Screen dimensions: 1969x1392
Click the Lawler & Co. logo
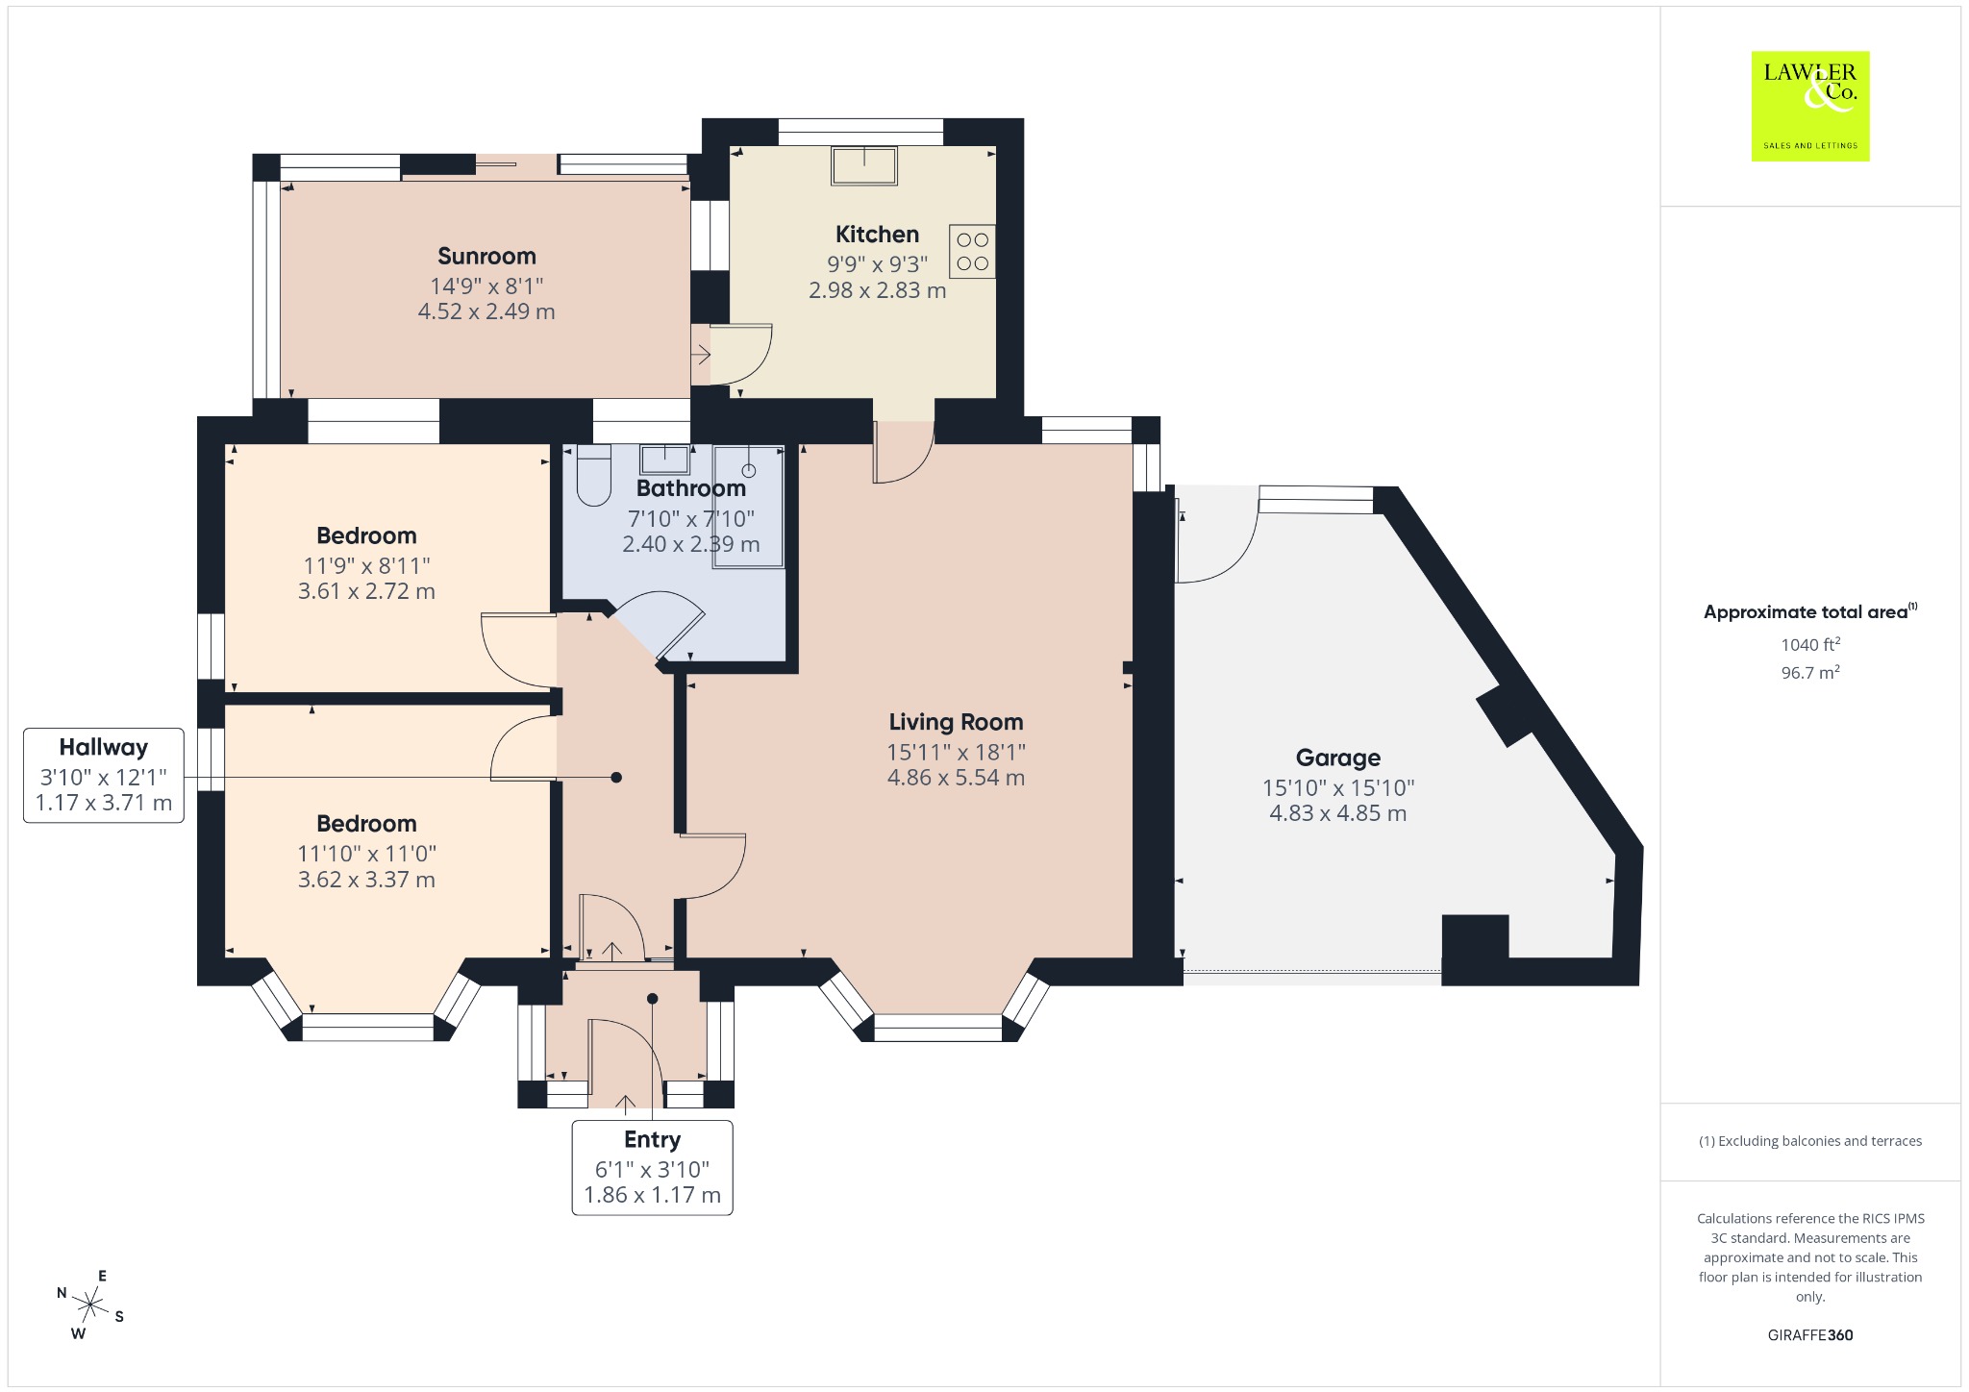(1809, 106)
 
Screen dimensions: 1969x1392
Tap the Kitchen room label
(877, 234)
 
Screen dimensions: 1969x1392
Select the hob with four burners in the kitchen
(972, 252)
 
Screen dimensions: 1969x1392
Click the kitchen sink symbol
(864, 165)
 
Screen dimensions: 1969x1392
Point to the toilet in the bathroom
(594, 475)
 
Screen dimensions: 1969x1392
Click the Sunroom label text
(486, 256)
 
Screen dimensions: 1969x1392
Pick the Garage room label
(1337, 758)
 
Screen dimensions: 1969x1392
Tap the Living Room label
(956, 722)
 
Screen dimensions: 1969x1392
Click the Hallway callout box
(104, 775)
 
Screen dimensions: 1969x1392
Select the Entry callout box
(652, 1167)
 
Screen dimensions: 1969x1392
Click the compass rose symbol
(90, 1305)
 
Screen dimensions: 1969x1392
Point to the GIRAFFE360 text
(1809, 1334)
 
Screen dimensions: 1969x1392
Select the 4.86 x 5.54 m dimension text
(956, 778)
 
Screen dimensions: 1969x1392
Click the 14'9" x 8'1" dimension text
(486, 286)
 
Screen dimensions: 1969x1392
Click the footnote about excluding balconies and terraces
(1809, 1141)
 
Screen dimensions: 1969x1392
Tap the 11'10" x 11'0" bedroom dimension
(366, 854)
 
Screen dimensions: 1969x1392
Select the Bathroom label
(690, 488)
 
